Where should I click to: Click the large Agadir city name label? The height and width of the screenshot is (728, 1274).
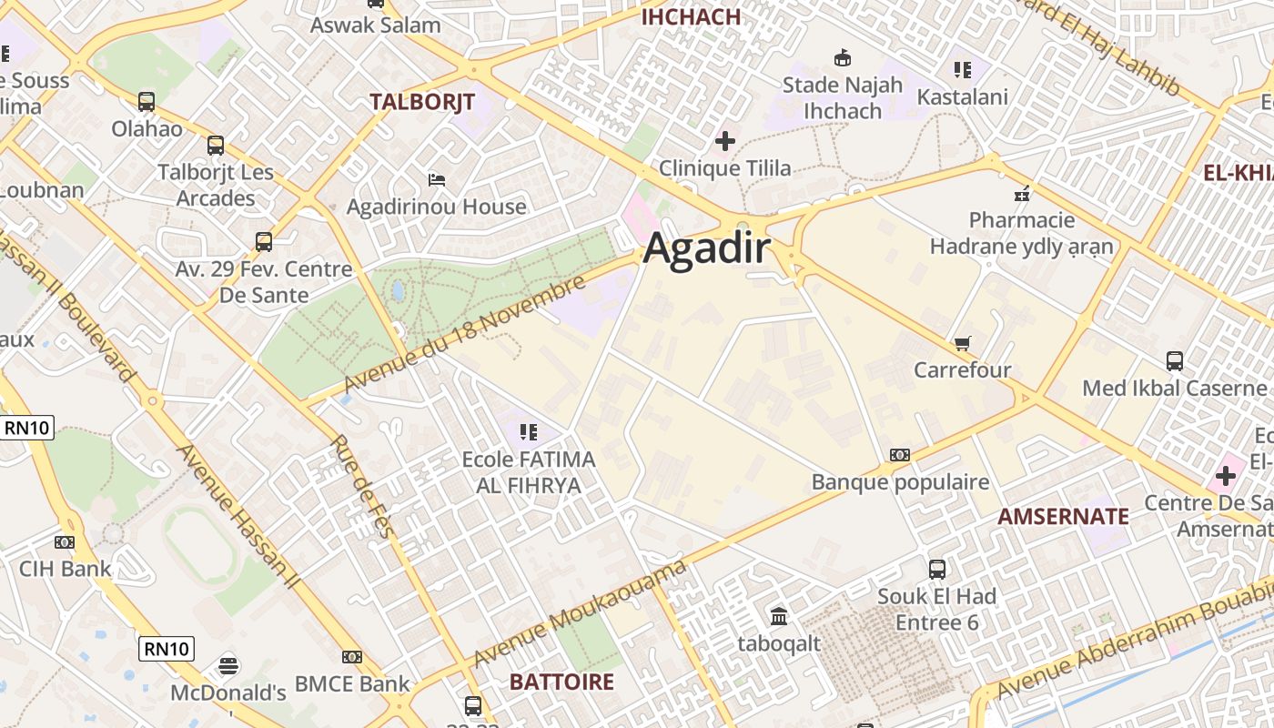tap(707, 249)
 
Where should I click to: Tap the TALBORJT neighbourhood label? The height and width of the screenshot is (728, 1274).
tap(422, 102)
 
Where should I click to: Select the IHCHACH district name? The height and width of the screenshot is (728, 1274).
tap(691, 16)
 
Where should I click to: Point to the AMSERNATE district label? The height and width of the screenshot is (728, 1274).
tap(1063, 517)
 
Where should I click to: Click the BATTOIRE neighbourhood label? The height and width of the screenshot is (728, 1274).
tap(561, 682)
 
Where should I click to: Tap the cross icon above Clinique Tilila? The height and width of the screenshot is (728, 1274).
tap(724, 141)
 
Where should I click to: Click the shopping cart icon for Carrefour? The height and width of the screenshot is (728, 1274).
tap(962, 344)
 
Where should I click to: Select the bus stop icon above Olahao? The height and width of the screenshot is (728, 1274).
tap(147, 102)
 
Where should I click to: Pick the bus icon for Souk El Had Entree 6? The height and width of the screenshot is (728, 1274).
tap(937, 570)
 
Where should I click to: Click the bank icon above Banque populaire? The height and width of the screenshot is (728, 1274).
tap(899, 455)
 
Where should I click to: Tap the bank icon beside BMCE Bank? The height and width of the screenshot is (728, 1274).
tap(352, 657)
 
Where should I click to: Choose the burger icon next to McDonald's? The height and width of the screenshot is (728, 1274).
tap(228, 666)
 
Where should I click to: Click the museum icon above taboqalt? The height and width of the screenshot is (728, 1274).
tap(779, 617)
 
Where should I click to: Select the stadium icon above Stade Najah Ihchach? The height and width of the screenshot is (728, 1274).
tap(843, 58)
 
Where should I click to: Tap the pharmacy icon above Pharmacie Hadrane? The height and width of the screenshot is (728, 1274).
tap(1021, 193)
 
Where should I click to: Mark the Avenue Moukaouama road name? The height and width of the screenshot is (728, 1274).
tap(579, 614)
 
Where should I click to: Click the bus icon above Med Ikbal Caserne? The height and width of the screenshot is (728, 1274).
tap(1174, 361)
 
